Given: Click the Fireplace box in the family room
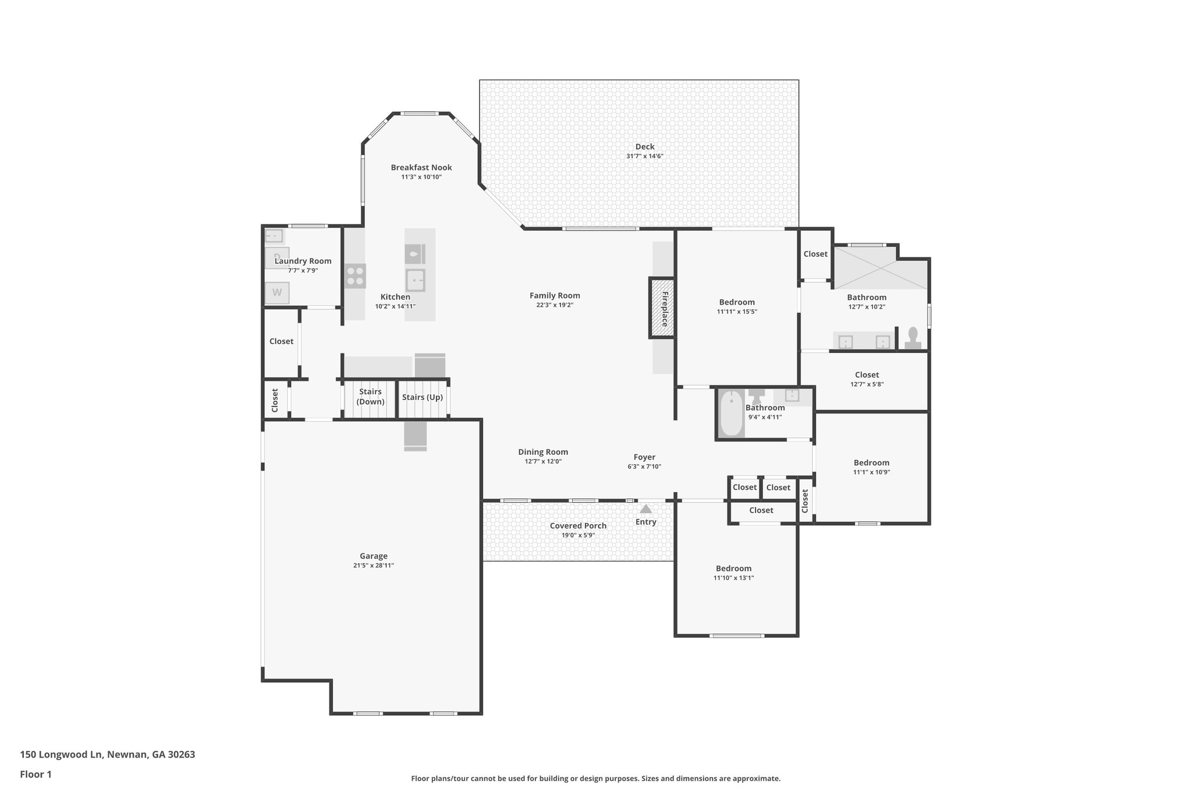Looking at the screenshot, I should coord(662,308).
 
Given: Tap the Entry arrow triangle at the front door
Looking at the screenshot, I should coord(645,509).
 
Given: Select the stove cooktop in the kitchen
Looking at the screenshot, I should coord(355,275).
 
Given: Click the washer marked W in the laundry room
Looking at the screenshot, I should coord(277,292).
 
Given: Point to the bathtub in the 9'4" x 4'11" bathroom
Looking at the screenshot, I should coord(731,413).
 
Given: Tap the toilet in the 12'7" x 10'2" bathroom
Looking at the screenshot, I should coord(913,338).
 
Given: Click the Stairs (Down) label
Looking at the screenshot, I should coord(370,397).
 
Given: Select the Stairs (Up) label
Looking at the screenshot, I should coord(422,397).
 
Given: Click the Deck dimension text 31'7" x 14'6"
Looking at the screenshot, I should coord(644,156).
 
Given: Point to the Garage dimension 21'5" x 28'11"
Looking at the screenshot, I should coord(373,566).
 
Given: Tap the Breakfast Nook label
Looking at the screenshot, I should coord(421,168).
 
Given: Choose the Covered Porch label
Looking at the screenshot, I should coord(578,525).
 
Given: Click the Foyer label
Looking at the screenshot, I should coord(644,457).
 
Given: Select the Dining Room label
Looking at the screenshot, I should coord(543,452).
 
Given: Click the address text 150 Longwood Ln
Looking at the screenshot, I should coord(61,754).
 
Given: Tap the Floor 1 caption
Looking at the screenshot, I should coord(36,774).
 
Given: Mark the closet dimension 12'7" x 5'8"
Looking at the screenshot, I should coord(867,384).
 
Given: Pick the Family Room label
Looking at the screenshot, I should coord(555,295).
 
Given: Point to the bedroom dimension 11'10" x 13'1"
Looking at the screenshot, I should coord(733,578).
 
